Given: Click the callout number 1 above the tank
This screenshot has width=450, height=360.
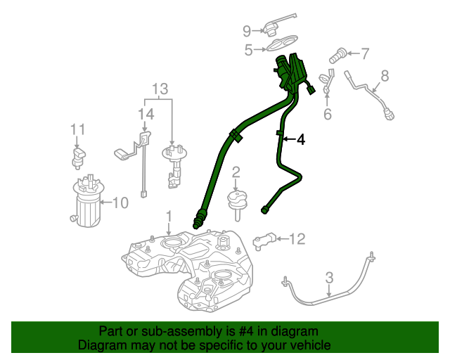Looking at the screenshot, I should click(168, 214).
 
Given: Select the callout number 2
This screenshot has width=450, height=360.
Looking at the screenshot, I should click(236, 172).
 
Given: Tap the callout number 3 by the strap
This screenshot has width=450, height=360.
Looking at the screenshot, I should click(328, 281).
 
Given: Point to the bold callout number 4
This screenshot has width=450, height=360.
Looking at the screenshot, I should click(301, 140).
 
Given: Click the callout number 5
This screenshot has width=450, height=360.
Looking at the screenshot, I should click(248, 50).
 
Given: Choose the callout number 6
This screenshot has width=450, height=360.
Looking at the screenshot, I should click(327, 114).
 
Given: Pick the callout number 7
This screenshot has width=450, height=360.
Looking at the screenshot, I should click(364, 52).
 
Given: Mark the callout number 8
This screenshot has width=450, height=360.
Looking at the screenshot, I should click(385, 75).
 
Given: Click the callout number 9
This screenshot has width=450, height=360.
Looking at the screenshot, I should click(247, 30).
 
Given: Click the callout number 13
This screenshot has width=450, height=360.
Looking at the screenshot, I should click(161, 89).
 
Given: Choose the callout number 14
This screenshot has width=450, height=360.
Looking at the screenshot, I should click(145, 114).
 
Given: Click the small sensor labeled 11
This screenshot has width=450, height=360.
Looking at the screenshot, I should click(77, 156).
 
